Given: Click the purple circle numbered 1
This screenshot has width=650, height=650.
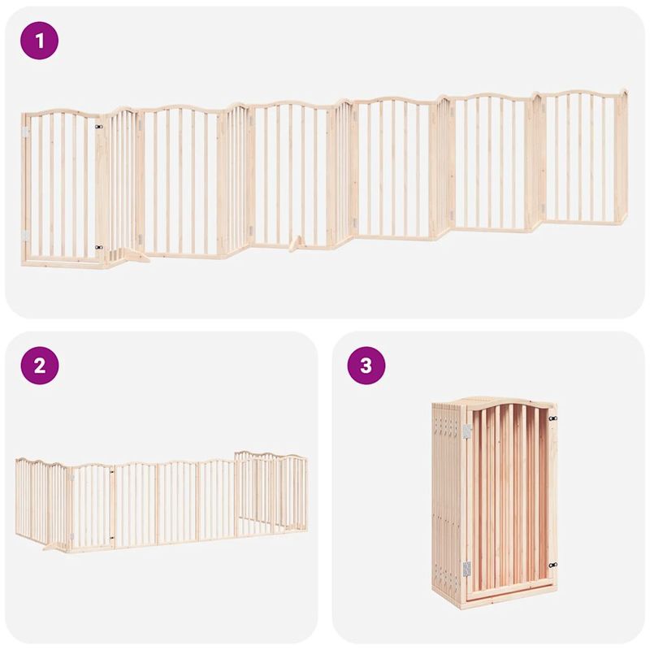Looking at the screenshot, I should pyautogui.click(x=40, y=40).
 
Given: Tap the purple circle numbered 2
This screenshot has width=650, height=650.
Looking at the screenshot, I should pyautogui.click(x=40, y=366).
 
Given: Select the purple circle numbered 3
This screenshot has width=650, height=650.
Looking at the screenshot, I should pyautogui.click(x=366, y=366).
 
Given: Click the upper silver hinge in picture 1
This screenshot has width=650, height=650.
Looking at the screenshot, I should pyautogui.click(x=25, y=131).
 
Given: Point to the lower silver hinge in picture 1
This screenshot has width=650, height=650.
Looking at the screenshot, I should pyautogui.click(x=25, y=235).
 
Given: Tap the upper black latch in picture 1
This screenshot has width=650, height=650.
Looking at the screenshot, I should pyautogui.click(x=99, y=127).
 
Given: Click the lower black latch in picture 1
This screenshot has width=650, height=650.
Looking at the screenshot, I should pyautogui.click(x=99, y=247).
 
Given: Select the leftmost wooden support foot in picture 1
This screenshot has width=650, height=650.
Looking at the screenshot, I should pyautogui.click(x=134, y=257).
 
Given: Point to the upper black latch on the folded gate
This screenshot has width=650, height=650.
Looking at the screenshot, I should pyautogui.click(x=552, y=418).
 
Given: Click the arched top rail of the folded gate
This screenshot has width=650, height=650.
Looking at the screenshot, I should pyautogui.click(x=508, y=401).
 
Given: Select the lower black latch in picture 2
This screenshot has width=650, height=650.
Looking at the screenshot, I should pyautogui.click(x=111, y=539).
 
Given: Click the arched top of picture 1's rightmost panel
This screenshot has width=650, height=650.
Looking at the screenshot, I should pyautogui.click(x=580, y=94).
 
